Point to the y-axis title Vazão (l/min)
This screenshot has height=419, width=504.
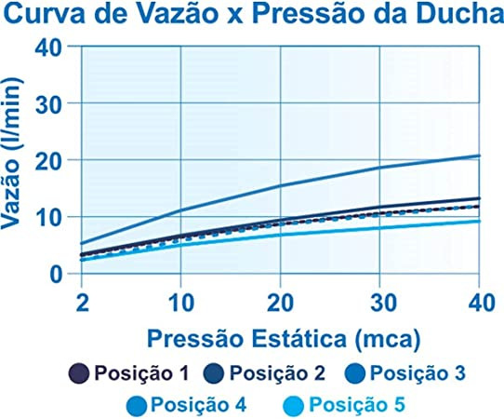point(12,154)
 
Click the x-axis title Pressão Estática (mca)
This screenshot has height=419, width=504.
point(284,340)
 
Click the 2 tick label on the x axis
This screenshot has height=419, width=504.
point(82,304)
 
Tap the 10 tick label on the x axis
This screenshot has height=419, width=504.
point(181,304)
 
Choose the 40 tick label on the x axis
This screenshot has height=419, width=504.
point(480,304)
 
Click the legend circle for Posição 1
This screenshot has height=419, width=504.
point(79,373)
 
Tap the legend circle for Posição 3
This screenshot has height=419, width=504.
point(355,373)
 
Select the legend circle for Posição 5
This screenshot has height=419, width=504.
point(294,405)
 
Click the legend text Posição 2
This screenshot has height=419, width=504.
point(277,374)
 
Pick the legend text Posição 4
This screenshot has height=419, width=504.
point(198,405)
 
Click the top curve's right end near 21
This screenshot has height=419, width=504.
point(479,155)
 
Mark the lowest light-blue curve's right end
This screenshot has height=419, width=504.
point(479,222)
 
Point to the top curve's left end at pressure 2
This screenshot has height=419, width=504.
point(81,243)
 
